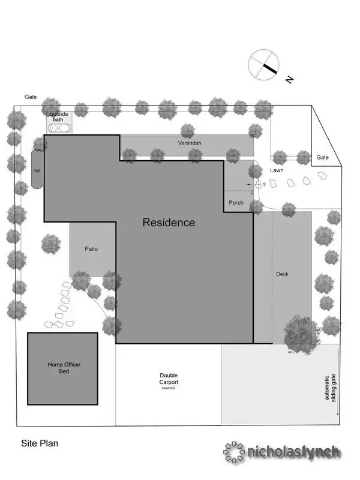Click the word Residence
169,223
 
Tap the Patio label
91,248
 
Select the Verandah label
189,143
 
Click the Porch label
236,203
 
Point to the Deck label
282,274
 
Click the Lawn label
277,170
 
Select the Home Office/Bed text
63,368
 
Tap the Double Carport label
169,379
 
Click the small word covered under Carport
168,388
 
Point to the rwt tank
37,170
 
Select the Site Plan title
40,444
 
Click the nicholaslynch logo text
293,452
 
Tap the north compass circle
264,64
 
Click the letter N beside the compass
289,79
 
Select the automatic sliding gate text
330,390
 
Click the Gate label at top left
31,97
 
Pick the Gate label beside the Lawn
323,157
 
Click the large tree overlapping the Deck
302,332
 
